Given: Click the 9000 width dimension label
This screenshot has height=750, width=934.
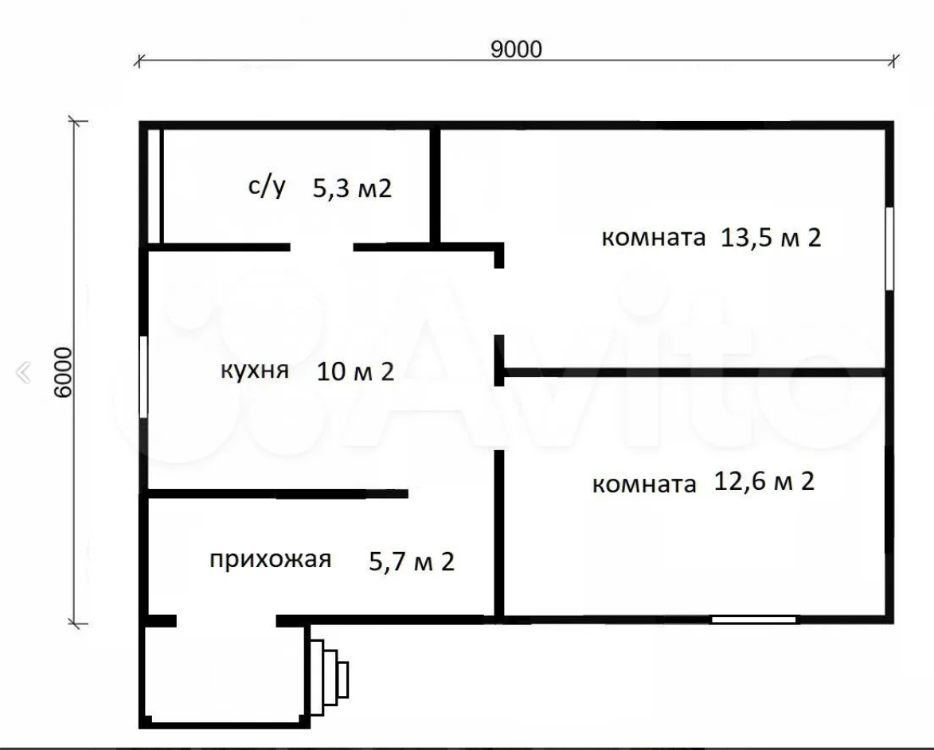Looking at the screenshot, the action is (516, 49).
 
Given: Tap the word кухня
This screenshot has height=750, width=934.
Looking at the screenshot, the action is (255, 371).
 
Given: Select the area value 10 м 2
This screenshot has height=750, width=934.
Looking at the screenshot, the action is (355, 371).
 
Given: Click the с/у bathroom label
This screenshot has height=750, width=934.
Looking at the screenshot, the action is (266, 188).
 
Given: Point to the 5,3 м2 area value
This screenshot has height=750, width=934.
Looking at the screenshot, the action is (352, 188).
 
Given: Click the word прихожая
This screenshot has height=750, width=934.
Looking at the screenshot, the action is (270, 560).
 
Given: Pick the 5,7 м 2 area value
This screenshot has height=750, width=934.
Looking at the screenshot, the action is (412, 562).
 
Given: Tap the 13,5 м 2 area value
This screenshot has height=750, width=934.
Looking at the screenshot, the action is (770, 237).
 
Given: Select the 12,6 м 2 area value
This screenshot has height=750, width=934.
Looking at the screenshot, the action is (764, 482).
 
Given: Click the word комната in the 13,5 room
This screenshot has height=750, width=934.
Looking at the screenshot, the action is (653, 238).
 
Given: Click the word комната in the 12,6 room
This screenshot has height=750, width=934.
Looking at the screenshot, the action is (643, 484).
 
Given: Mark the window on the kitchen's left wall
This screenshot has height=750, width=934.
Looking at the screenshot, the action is (144, 376).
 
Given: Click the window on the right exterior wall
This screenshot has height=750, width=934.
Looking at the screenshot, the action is (889, 248).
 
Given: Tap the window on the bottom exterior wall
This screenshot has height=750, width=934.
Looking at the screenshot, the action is (753, 619).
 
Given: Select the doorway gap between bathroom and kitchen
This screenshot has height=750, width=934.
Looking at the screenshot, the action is (322, 247).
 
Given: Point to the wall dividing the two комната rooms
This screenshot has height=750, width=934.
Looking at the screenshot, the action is (693, 372).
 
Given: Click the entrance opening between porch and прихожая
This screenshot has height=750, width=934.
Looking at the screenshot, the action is (226, 620).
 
